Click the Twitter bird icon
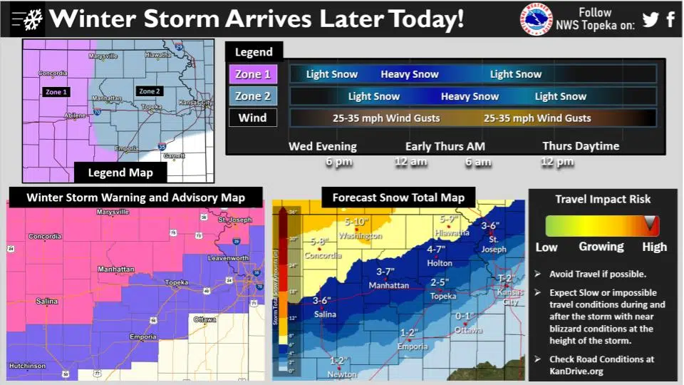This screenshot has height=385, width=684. (650, 19)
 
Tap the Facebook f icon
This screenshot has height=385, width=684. (670, 19)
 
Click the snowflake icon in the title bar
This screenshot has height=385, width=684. (31, 21)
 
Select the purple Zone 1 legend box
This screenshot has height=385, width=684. (253, 74)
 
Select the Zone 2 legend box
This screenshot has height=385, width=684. (253, 96)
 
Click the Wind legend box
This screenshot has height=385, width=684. (253, 118)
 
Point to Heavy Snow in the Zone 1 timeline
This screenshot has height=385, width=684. (410, 74)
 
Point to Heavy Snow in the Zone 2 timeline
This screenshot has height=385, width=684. (470, 96)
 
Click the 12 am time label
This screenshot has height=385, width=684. (411, 162)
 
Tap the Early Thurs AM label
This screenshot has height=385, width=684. (439, 146)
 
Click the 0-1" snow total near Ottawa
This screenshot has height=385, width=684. (464, 317)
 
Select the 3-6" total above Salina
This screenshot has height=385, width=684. (322, 301)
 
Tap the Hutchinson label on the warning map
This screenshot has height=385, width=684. (28, 366)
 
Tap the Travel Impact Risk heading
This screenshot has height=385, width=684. (603, 199)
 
